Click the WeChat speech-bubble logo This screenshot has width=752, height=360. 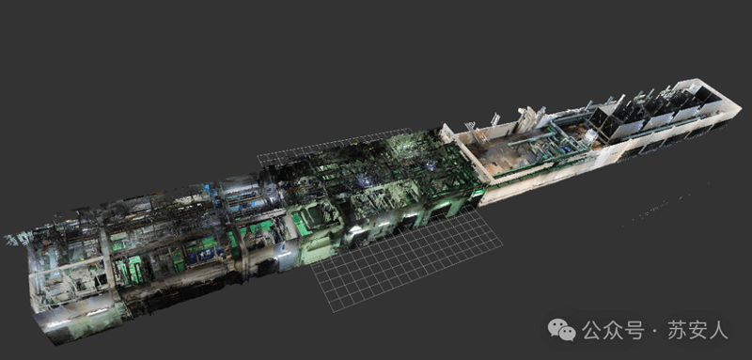pyautogui.click(x=561, y=330)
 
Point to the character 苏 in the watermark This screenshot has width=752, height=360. pyautogui.click(x=676, y=330)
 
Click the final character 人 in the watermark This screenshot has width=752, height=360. pyautogui.click(x=719, y=330)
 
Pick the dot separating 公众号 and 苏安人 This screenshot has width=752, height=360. pyautogui.click(x=655, y=331)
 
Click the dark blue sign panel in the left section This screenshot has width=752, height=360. pyautogui.click(x=200, y=255)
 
